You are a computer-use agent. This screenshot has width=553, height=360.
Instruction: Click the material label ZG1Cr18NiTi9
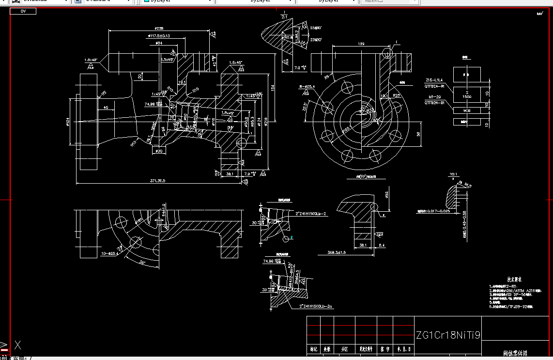pyautogui.click(x=448, y=336)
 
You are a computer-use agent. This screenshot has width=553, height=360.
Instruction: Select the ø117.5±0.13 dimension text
pyautogui.click(x=159, y=36)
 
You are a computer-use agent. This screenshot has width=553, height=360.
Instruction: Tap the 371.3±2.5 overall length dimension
pyautogui.click(x=151, y=181)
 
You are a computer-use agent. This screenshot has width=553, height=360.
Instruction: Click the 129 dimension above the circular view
pyautogui.click(x=361, y=44)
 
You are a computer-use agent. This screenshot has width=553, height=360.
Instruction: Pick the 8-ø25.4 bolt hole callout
pyautogui.click(x=307, y=86)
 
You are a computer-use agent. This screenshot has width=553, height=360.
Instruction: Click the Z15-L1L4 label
pyautogui.click(x=434, y=80)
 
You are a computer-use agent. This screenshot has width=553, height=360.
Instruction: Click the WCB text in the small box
pyautogui.click(x=467, y=110)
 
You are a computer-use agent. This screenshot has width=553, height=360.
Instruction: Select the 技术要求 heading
pyautogui.click(x=513, y=280)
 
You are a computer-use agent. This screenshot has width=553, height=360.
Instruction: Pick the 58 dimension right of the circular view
pyautogui.click(x=418, y=135)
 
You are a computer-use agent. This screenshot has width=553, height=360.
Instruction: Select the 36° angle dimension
pyautogui.click(x=142, y=262)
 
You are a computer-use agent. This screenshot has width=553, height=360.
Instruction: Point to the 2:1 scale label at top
pyautogui.click(x=284, y=16)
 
